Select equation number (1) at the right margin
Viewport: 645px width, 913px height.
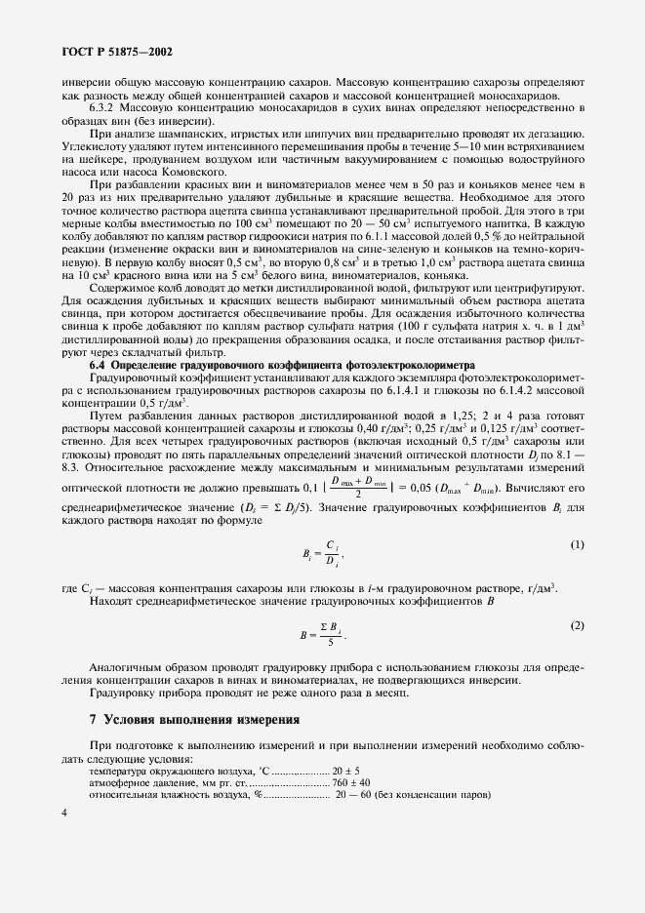[x=577, y=543]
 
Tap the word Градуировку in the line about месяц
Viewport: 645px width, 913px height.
[x=124, y=694]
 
